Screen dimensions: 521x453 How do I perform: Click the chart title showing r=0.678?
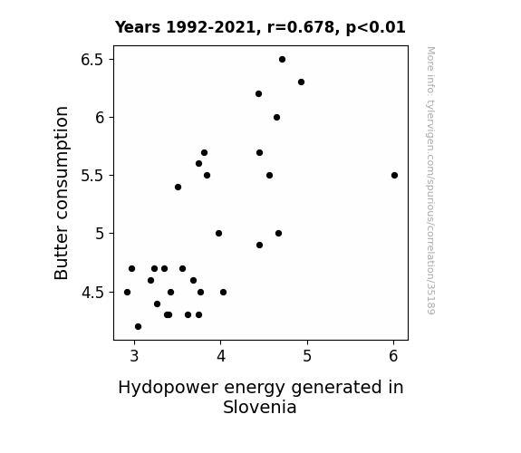(260, 27)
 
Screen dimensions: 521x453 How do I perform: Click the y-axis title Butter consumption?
(61, 193)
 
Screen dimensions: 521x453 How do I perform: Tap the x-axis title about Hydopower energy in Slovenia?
(261, 397)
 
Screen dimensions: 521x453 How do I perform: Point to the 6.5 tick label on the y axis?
(92, 60)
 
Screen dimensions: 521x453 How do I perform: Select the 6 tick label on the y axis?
(100, 118)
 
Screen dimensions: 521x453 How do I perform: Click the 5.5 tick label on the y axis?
(92, 176)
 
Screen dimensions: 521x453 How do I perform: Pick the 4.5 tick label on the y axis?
(92, 293)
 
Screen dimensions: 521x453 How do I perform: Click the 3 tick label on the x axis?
(134, 356)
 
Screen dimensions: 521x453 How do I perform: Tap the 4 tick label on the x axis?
(221, 356)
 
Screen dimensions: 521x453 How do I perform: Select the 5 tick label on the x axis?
(307, 356)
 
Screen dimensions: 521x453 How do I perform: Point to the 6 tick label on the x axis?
(394, 356)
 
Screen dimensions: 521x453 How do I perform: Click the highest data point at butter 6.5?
(282, 60)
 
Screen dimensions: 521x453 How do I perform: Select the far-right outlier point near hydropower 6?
(394, 175)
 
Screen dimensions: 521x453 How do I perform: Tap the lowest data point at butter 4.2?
(139, 327)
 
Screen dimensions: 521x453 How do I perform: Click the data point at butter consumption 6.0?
(276, 117)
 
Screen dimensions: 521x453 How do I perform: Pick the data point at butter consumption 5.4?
(178, 188)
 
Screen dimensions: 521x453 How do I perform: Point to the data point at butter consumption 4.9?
(259, 245)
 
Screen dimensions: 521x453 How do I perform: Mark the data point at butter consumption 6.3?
(301, 82)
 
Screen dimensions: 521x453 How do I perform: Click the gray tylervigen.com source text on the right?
(431, 180)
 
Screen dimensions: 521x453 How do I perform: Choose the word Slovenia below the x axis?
(260, 407)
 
